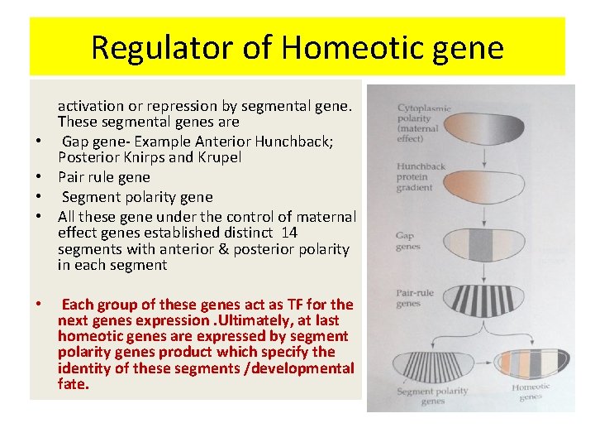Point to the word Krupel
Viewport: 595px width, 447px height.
[218, 157]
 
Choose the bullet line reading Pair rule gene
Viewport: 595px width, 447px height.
[104, 177]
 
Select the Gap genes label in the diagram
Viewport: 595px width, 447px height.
[408, 241]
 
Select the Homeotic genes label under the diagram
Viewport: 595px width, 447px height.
[531, 392]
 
